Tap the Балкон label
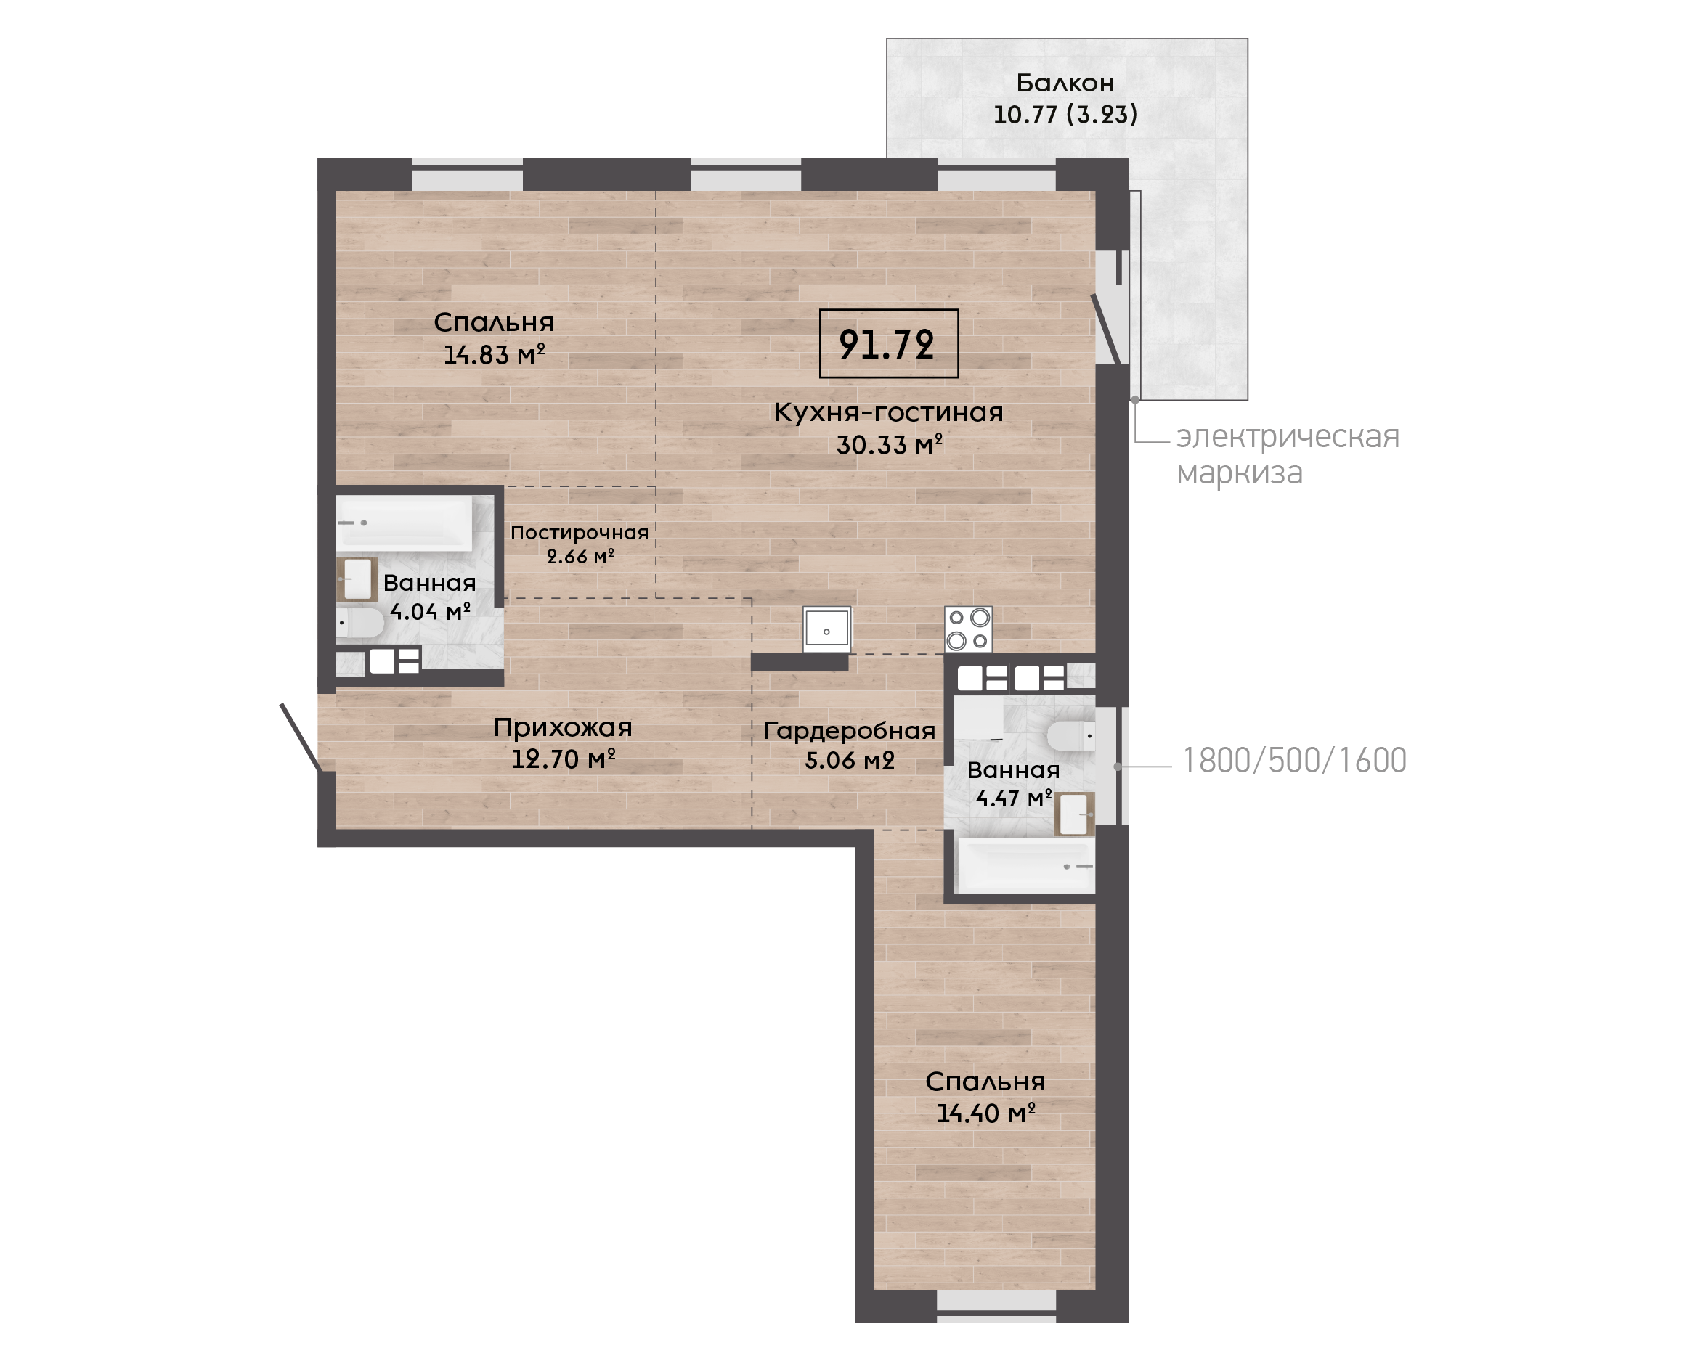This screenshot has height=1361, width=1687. pos(1065,82)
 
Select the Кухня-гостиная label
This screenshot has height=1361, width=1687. pos(889,412)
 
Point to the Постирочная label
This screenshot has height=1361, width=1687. pos(580,532)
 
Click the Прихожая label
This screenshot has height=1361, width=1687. pos(562,727)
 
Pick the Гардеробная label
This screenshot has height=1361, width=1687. pos(850,731)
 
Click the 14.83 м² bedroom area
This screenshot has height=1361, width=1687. pos(494,354)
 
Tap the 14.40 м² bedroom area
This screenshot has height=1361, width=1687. pos(986,1113)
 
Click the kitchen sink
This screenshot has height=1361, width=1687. pos(826,629)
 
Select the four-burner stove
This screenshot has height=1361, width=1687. pos(969,629)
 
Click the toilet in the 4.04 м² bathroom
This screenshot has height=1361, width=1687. pos(360,624)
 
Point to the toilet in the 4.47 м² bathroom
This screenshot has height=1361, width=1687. pos(1070,736)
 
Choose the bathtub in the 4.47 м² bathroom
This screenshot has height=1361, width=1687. pos(1024,865)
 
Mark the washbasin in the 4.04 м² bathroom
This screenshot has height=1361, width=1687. pos(357,579)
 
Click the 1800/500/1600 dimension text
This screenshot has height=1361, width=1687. pos(1294,761)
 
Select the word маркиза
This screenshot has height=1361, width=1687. pos(1239,473)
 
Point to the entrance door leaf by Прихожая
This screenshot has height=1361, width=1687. pos(300,737)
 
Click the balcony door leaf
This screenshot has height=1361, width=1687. pos(1107,330)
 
